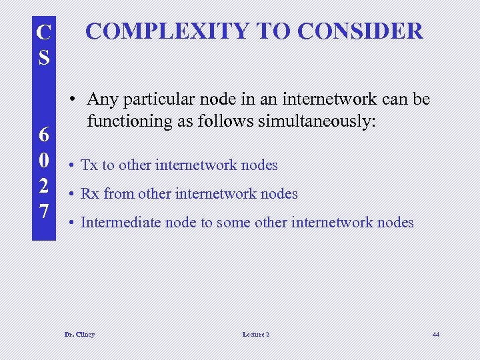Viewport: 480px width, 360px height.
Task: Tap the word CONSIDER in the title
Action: (360, 31)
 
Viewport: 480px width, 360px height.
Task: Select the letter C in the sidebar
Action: (43, 33)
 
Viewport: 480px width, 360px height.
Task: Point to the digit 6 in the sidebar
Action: (43, 135)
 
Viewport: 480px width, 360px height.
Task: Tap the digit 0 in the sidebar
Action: (43, 161)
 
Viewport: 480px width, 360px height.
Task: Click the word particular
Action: (153, 100)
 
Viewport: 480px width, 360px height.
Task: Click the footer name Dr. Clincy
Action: (79, 334)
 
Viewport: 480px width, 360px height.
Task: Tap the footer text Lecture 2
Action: (256, 334)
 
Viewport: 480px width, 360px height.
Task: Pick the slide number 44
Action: (435, 334)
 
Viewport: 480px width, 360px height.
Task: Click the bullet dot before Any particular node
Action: (78, 100)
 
